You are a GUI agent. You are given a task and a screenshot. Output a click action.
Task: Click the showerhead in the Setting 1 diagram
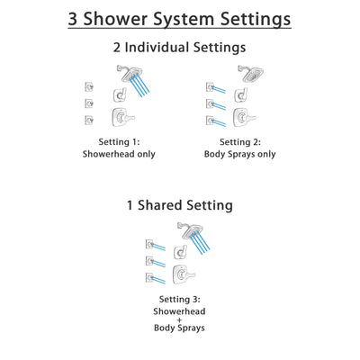(x=121, y=73)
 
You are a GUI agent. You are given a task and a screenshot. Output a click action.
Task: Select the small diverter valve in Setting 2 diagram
(x=239, y=94)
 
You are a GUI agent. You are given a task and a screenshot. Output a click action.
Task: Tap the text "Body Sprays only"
(x=239, y=154)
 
